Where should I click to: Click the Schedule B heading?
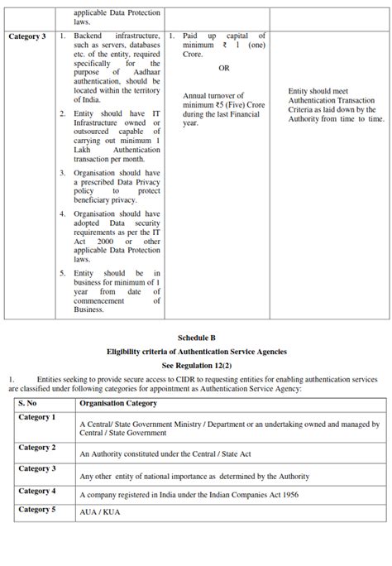tap(196, 338)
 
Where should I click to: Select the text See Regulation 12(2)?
tap(196, 364)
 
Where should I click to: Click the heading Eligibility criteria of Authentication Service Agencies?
tap(196, 351)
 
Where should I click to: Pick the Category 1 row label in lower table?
tap(37, 418)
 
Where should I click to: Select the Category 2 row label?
tap(37, 448)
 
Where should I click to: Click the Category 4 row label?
tap(37, 491)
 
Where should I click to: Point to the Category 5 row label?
tap(37, 510)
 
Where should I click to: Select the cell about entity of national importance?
tap(194, 476)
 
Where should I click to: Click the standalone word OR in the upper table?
tap(224, 68)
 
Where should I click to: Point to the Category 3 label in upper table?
tap(27, 37)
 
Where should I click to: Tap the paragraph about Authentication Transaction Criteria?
tap(335, 105)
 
